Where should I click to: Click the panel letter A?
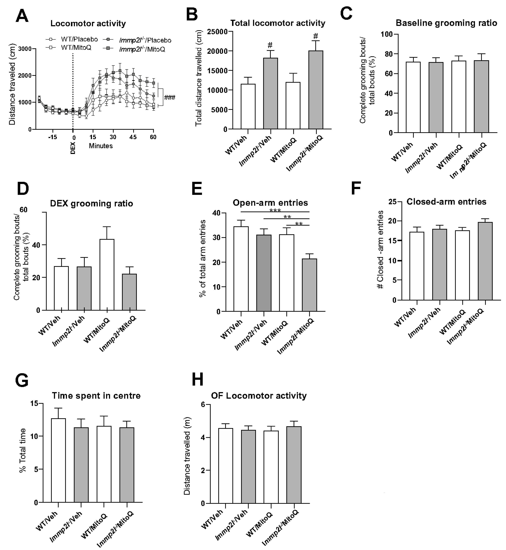point(22,16)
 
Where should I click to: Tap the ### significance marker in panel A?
point(170,97)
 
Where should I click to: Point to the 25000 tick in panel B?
point(217,32)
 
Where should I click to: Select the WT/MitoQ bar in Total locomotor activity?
point(293,105)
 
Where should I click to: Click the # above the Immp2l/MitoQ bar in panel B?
point(316,36)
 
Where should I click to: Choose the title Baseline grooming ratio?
point(446,23)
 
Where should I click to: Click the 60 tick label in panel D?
point(24,210)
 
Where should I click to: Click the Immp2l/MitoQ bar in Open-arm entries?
point(310,285)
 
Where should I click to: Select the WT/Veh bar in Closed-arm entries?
point(417,266)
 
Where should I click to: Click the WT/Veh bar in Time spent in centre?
point(58,460)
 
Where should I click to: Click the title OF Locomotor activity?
point(259,396)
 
